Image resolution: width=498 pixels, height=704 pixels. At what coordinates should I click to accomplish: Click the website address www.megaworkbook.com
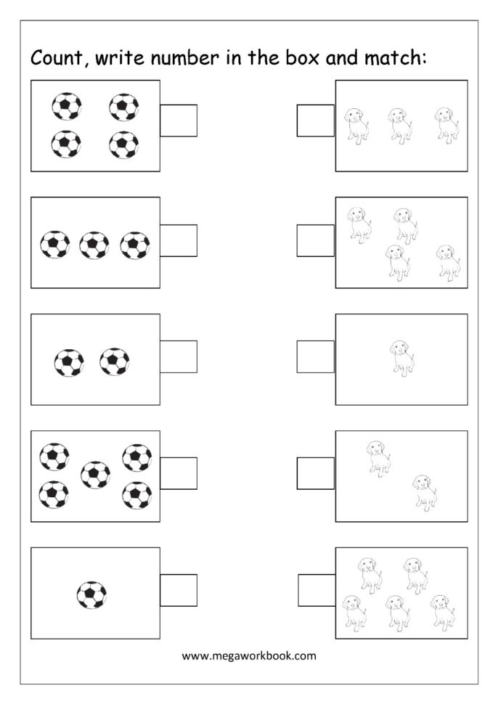coord(249,655)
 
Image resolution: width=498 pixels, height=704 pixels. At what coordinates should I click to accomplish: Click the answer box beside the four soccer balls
coord(178,120)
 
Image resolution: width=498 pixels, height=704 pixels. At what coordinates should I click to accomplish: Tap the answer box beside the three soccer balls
coord(178,240)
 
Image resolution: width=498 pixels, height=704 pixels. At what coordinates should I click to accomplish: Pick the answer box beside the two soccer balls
coord(178,357)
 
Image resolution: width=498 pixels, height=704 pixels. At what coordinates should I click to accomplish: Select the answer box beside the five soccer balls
coord(178,473)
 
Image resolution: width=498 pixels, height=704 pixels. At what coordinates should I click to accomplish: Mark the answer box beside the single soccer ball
coord(178,590)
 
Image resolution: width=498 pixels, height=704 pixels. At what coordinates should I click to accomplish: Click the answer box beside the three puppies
coord(315,120)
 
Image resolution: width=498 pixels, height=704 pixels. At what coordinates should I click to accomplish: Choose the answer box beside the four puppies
coord(315,240)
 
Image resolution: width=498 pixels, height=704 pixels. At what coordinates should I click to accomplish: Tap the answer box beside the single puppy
coord(315,357)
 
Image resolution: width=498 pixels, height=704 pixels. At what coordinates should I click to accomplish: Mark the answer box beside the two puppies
coord(315,473)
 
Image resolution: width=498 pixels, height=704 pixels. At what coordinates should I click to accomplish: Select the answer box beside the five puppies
coord(317,590)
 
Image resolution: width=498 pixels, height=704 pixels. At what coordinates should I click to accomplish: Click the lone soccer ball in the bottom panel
coord(91,595)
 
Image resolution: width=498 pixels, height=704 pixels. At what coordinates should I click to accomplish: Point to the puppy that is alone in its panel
coord(401,358)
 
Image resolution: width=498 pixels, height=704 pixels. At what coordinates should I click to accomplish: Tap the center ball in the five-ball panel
coord(95,475)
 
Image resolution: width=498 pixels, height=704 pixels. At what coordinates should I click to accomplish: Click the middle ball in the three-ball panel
coord(94,245)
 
